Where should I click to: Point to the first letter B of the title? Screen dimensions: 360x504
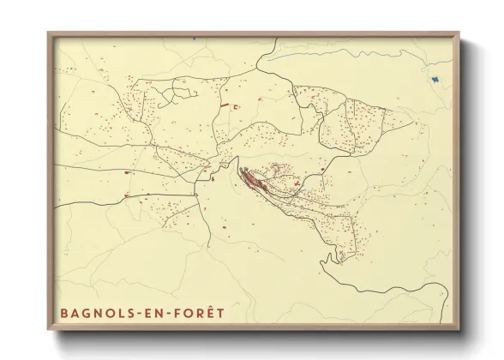tap(64, 313)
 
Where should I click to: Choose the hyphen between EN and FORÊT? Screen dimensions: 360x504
tap(171, 314)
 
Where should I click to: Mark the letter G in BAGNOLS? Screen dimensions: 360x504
tap(87, 313)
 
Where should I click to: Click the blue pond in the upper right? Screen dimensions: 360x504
tap(436, 81)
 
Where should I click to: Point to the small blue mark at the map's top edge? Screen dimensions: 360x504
tap(195, 38)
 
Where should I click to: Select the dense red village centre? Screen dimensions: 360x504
tap(252, 179)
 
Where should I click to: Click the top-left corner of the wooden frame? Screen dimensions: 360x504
tap(48, 33)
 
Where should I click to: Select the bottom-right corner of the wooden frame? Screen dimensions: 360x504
tap(459, 330)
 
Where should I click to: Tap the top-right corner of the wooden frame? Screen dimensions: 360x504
tap(459, 33)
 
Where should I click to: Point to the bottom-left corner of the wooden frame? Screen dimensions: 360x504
tap(48, 330)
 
